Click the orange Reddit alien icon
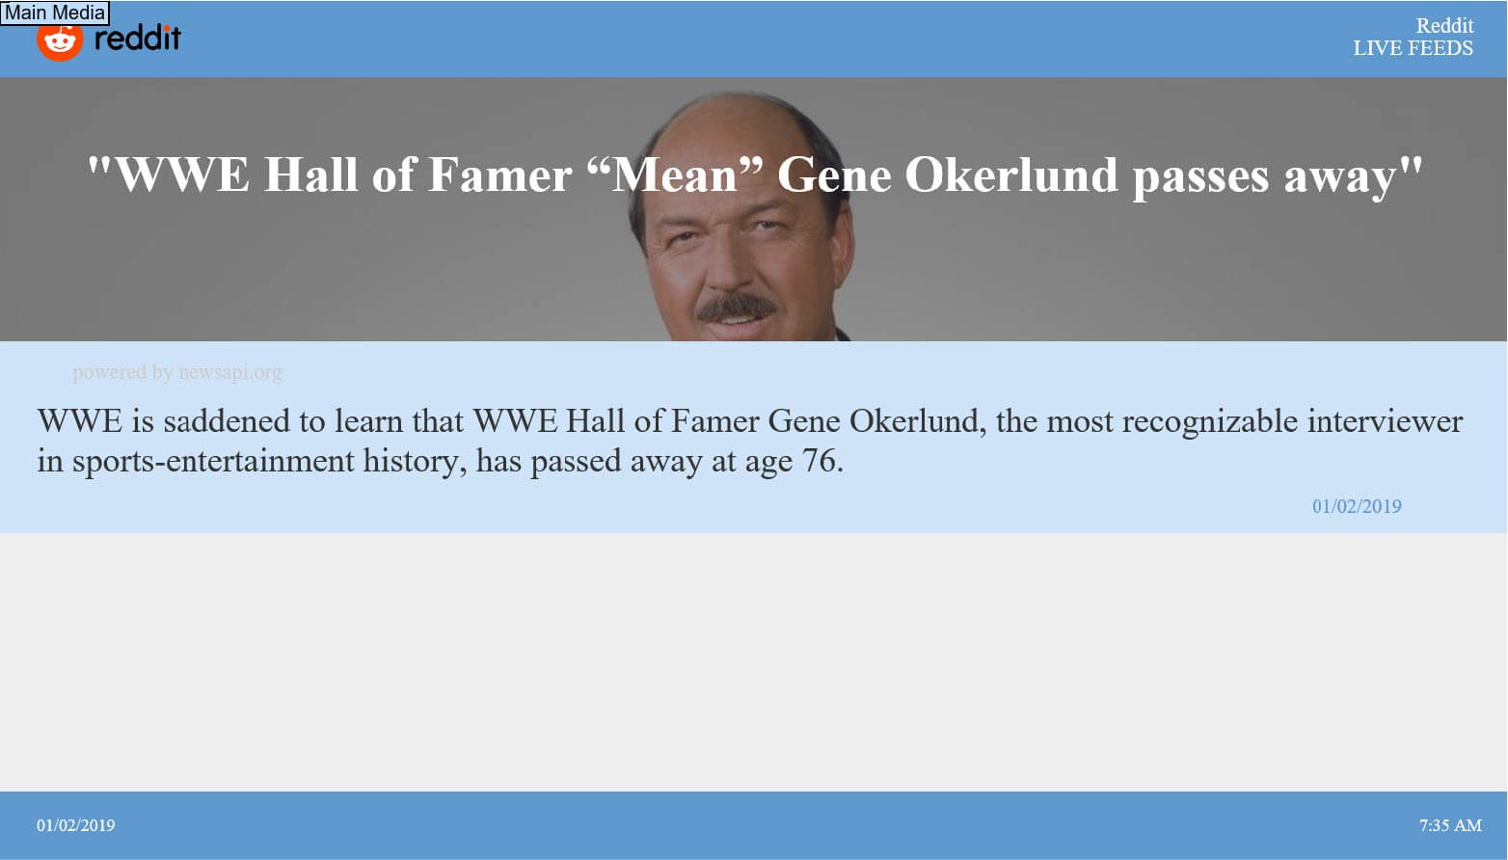click(60, 40)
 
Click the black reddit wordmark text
click(137, 38)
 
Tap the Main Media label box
click(55, 13)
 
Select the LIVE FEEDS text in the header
click(1414, 48)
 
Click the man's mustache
click(737, 309)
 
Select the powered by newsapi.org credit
click(177, 372)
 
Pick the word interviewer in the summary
click(1385, 421)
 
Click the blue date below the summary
click(1357, 506)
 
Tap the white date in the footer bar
click(75, 825)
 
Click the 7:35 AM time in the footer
click(1450, 825)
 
